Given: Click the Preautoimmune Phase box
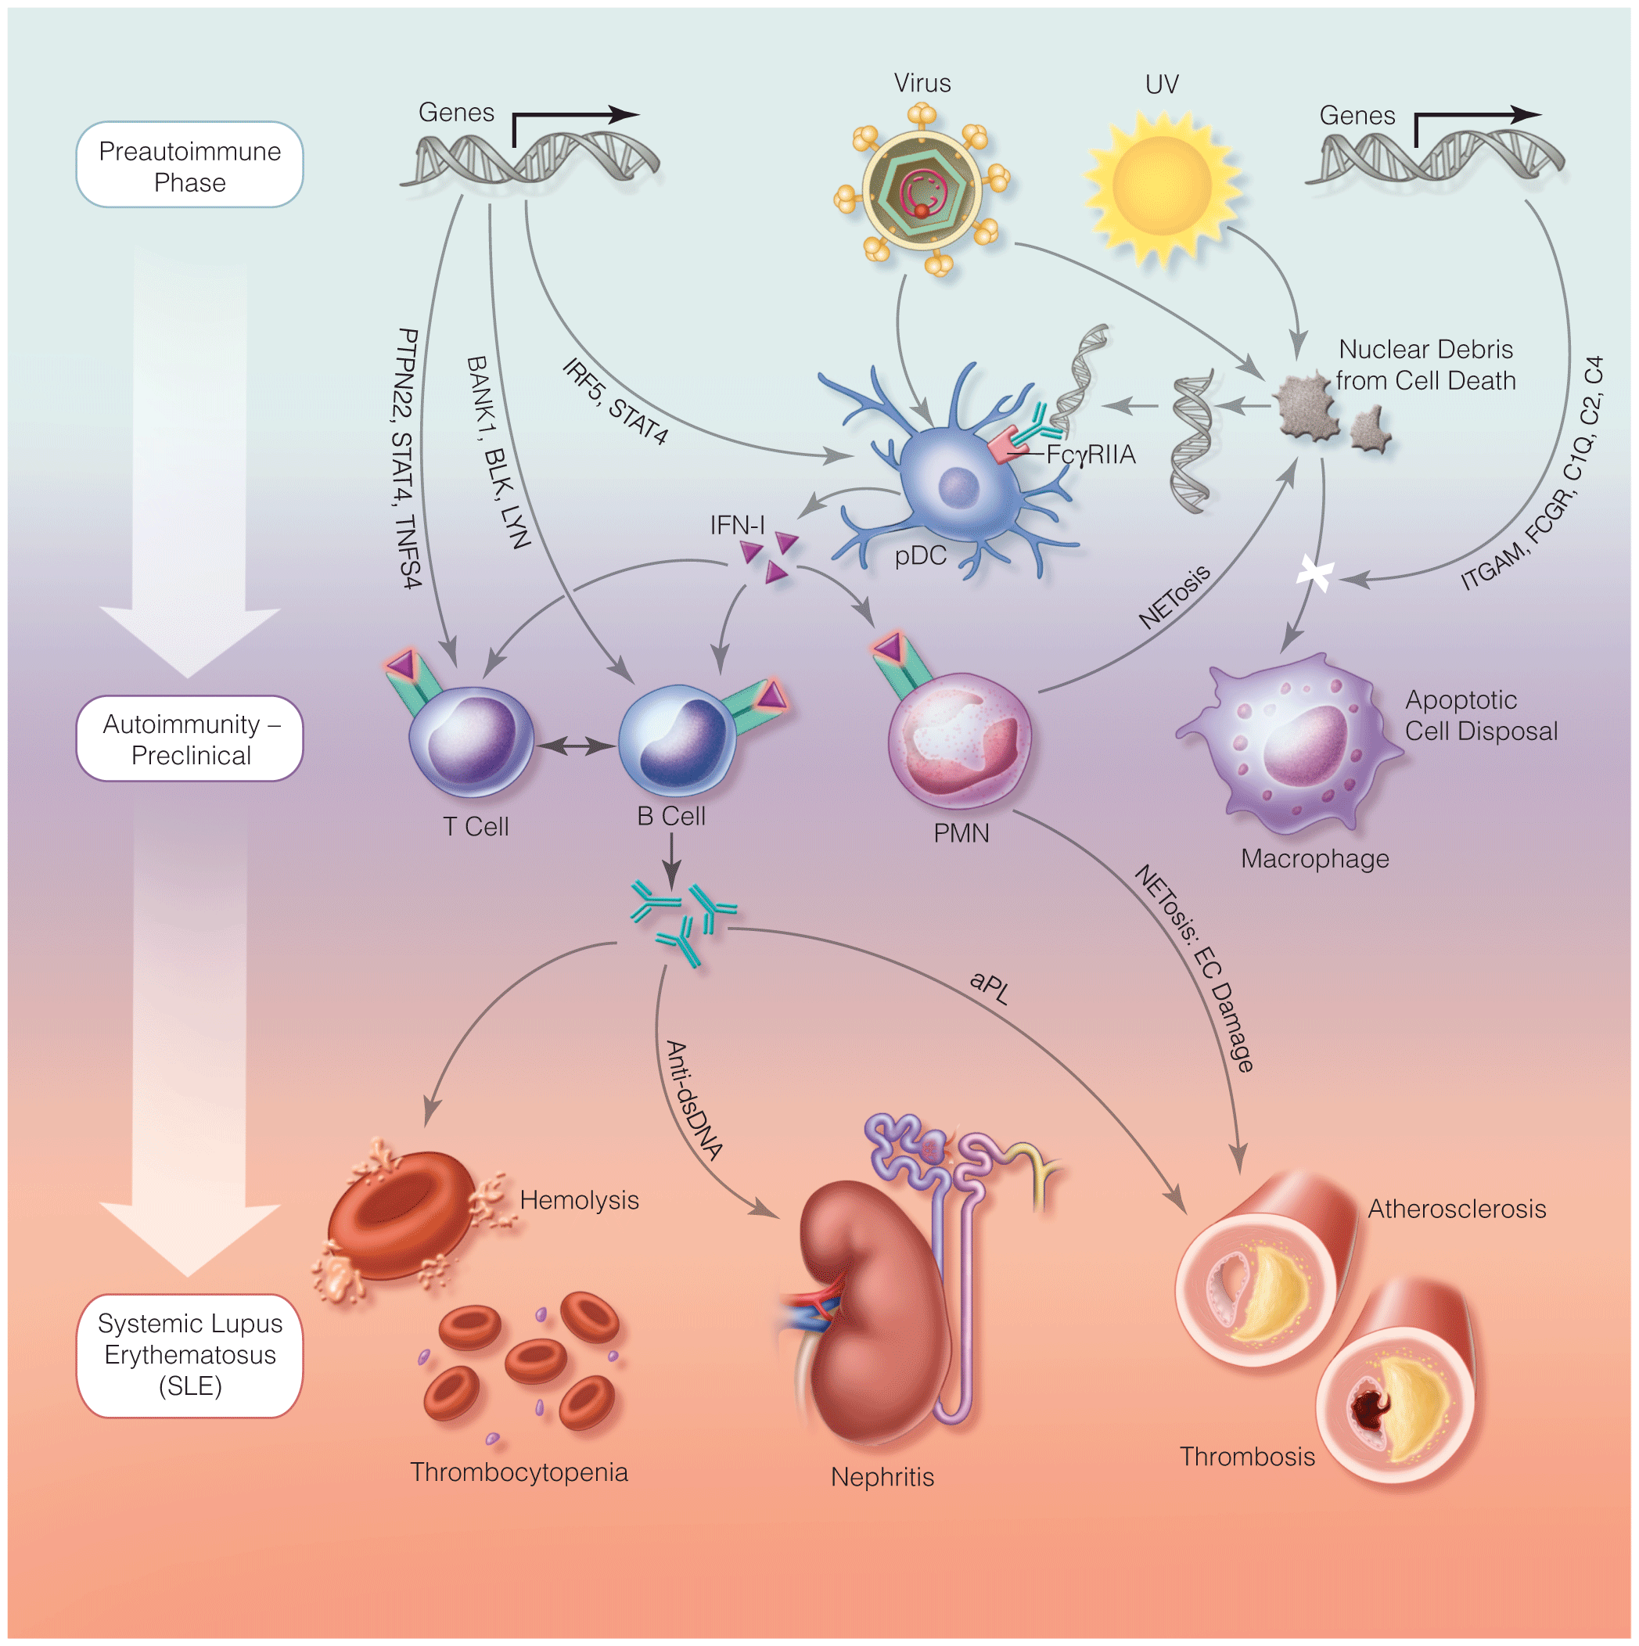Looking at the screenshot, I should point(189,165).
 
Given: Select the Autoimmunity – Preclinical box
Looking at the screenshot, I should point(189,739).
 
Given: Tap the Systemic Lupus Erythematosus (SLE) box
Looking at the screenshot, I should point(189,1355).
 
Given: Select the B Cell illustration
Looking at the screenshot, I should point(678,739).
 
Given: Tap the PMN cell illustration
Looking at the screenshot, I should point(960,739).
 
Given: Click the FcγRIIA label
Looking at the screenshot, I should point(1091,455).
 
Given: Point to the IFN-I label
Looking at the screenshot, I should point(737,526).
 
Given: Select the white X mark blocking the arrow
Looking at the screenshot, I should point(1314,574).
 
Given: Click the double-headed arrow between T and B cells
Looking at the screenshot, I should point(577,746).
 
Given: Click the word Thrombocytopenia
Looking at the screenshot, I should point(519,1472).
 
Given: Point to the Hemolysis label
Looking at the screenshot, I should point(579,1200).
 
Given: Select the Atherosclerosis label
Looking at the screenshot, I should point(1457,1209).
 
